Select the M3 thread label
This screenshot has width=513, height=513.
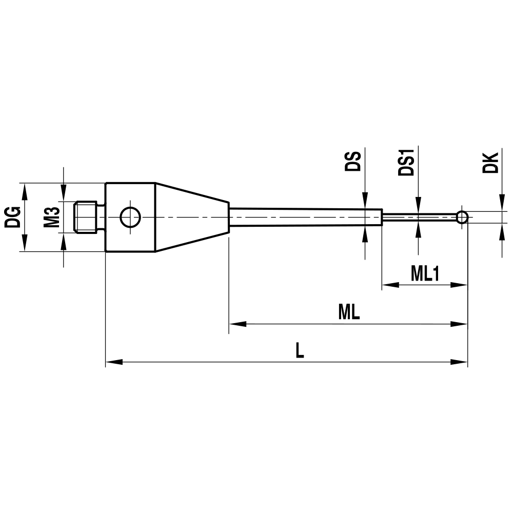click(50, 217)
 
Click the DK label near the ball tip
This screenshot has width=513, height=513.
click(491, 162)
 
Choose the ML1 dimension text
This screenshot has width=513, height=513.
click(425, 274)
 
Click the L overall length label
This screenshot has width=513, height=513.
click(300, 351)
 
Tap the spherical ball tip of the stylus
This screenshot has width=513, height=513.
click(462, 217)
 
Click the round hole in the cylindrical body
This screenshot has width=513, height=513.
click(130, 218)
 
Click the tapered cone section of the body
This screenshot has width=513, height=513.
click(192, 217)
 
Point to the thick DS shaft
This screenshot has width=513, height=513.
click(305, 216)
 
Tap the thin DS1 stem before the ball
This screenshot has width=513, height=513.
click(418, 217)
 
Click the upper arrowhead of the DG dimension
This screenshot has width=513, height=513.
click(24, 190)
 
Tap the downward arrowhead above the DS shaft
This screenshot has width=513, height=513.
click(365, 201)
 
